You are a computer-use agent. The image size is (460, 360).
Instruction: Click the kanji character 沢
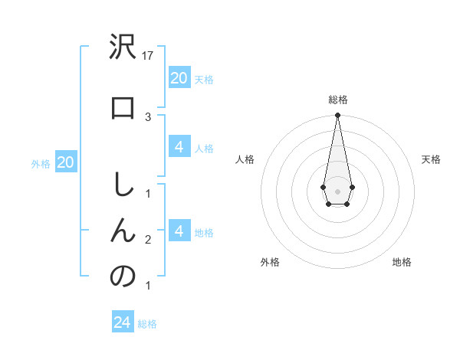coord(123,48)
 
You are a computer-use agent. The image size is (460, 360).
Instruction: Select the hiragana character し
coord(123,185)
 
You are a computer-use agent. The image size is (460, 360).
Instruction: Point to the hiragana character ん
coord(123,231)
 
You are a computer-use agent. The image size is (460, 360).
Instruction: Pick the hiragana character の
coord(123,276)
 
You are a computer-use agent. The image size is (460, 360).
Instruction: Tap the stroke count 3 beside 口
coord(148,116)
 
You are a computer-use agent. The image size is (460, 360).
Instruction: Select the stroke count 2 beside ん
coord(148,240)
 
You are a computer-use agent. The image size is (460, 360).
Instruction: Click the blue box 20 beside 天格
coord(179,77)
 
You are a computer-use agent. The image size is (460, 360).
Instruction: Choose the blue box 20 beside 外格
coord(66,162)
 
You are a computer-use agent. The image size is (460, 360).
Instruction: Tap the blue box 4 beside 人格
coord(179,147)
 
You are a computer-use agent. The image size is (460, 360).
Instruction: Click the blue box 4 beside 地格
coord(179,231)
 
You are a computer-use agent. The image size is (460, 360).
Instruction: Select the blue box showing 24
coord(123,322)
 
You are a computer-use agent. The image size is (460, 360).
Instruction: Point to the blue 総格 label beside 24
coord(147,324)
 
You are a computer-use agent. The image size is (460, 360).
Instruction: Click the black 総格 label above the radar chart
coord(337,100)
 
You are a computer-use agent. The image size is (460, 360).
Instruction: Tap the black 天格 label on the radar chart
coord(431,159)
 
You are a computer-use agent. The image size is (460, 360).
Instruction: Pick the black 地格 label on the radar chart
coord(402,262)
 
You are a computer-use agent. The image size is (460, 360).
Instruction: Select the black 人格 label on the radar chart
coord(245,159)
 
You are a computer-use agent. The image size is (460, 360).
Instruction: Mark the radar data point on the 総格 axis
coord(337,116)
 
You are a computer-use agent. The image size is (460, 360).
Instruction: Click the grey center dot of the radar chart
coord(337,190)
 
